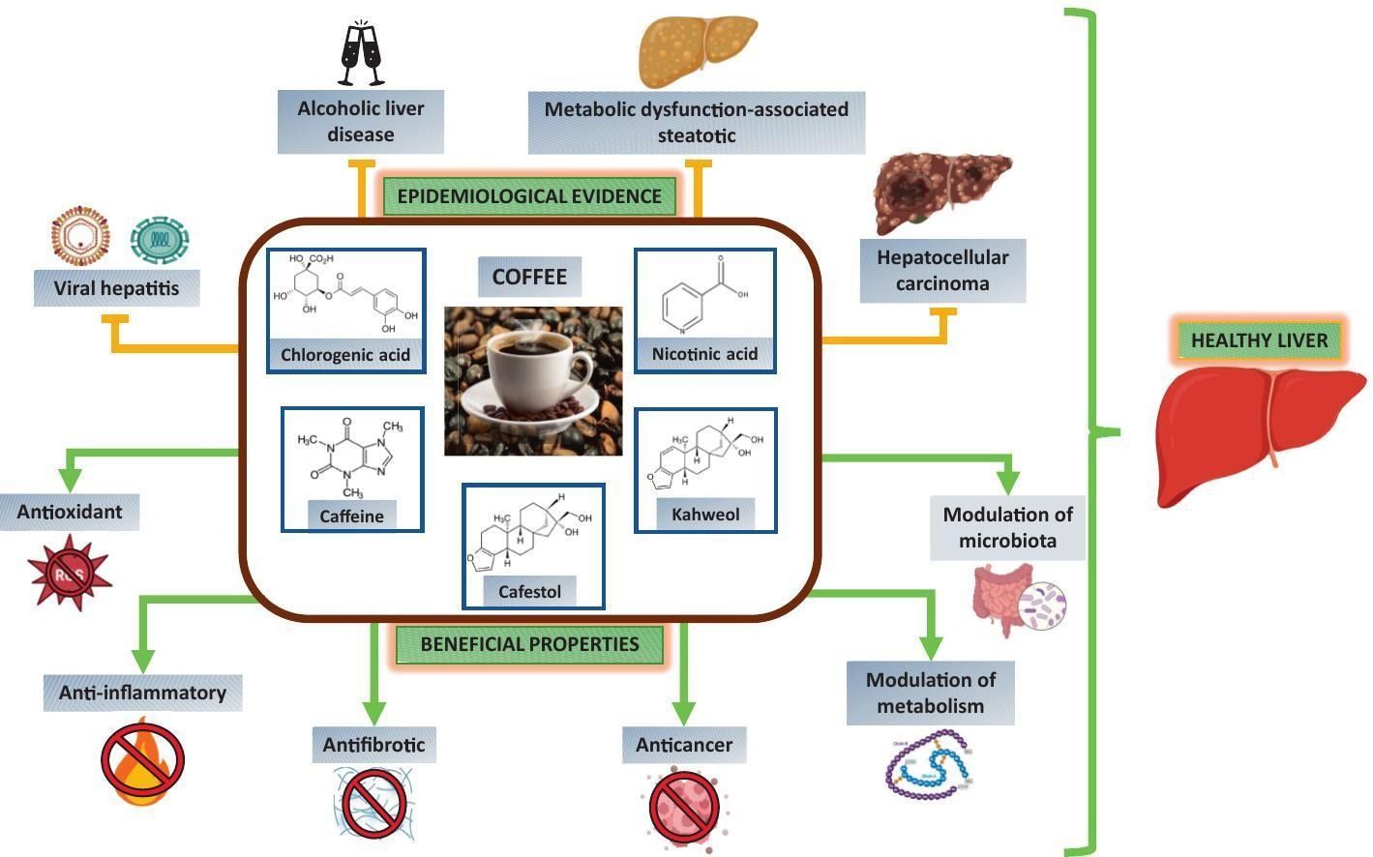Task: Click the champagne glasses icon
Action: coord(361,53)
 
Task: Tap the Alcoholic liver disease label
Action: coord(360,122)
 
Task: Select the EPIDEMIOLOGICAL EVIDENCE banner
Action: coord(529,196)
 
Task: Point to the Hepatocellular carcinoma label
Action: coord(942,271)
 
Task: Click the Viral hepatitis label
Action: coord(116,288)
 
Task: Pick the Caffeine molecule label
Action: coord(352,517)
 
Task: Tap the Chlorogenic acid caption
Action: coord(345,355)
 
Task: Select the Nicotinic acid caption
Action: coord(704,354)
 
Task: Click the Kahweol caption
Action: coord(705,515)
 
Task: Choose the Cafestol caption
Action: coord(529,591)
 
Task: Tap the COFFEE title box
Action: coord(529,278)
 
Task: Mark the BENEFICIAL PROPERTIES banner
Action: coord(529,644)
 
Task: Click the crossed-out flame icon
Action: coord(142,758)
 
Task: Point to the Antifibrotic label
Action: coord(373,745)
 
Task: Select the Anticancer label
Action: coord(683,745)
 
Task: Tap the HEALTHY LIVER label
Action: coord(1260,340)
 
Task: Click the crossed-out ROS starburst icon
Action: coord(70,575)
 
